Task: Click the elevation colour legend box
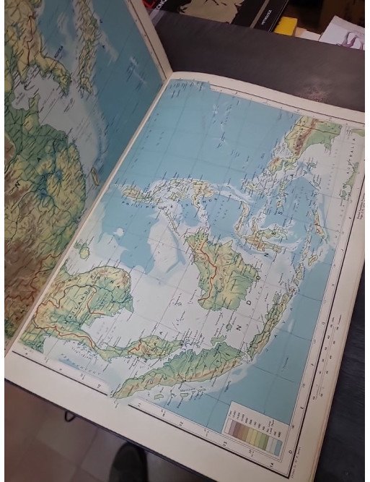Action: (x=254, y=431)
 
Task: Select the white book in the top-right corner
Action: (x=345, y=33)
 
